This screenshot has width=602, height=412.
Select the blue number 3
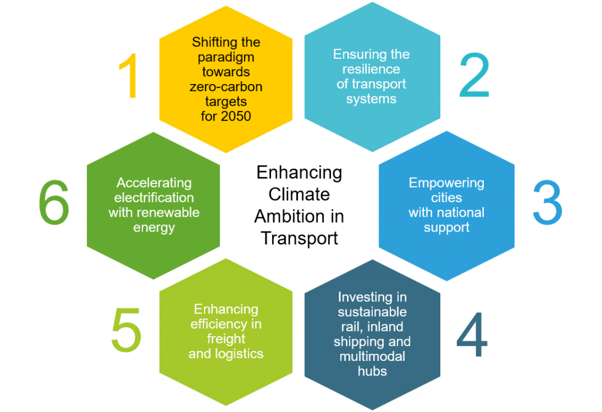pos(547,202)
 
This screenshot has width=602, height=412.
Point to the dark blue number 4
pos(472,334)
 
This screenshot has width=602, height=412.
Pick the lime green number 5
pos(126,330)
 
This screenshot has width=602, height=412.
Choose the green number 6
pos(53,202)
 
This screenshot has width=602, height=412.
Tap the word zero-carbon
pos(226,87)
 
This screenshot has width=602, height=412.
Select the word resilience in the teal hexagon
pos(372,69)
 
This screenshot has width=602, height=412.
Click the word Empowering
pos(447,183)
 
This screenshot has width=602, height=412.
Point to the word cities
pos(447,197)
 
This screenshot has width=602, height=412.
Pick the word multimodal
pos(372,356)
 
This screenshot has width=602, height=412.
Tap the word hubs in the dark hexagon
pos(372,371)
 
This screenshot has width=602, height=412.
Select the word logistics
pos(240,354)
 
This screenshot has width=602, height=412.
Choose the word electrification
pos(154,197)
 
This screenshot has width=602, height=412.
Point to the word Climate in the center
pos(299,195)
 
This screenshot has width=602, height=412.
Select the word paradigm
pos(226,58)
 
